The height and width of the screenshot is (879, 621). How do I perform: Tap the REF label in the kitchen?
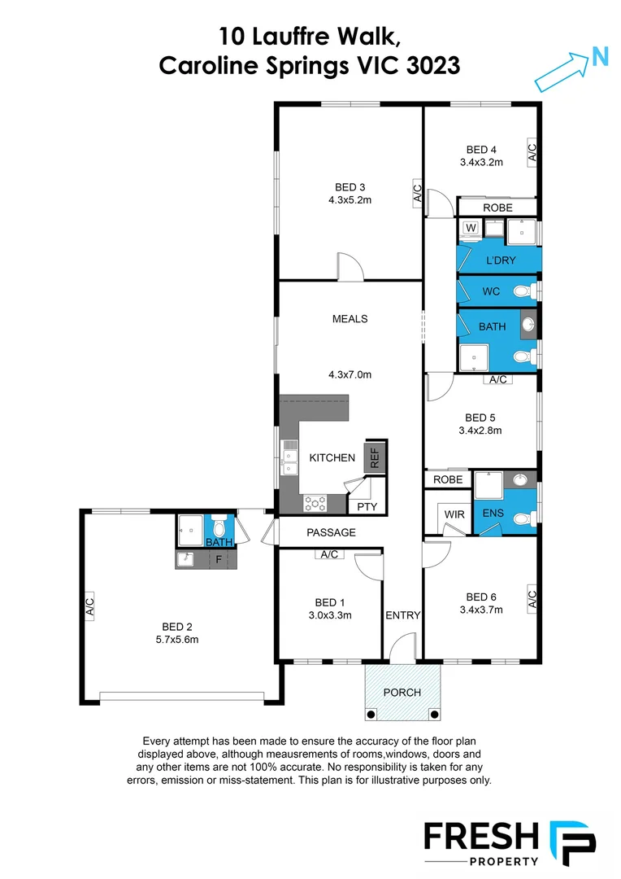375,457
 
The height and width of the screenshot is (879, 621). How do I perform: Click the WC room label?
491,291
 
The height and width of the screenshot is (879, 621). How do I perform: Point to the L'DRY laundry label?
501,260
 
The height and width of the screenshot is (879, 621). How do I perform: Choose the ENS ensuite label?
493,514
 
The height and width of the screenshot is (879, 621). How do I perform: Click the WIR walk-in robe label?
454,514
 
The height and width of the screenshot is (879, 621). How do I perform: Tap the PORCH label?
402,693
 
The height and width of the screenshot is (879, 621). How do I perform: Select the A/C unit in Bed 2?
89,607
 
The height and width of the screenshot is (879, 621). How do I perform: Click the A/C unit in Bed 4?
532,151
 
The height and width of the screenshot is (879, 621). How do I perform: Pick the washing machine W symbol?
471,229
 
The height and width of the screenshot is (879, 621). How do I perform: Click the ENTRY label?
402,615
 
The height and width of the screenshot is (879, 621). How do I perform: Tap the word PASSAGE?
331,532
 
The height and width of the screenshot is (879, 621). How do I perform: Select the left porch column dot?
371,715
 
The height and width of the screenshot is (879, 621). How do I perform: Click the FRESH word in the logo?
480,837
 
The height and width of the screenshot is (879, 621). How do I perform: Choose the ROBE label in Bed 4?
497,208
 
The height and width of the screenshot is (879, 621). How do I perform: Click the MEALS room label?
350,318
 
